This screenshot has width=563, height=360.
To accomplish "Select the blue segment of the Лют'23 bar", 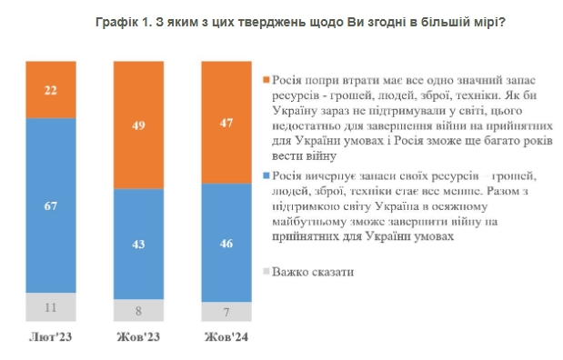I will (51, 205).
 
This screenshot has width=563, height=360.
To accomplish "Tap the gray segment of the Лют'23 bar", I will (51, 307).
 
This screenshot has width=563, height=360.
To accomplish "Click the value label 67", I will (51, 206).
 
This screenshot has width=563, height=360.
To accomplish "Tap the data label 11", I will (51, 308).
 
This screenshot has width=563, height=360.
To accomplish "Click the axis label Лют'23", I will (51, 337).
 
